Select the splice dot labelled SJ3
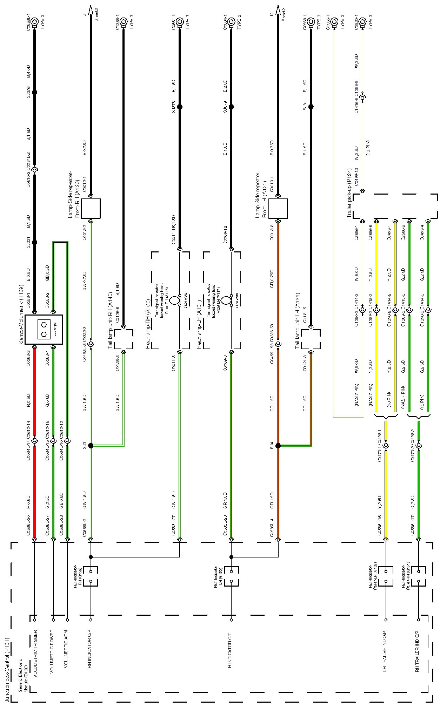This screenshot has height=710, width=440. click(91, 446)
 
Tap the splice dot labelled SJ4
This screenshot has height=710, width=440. click(278, 446)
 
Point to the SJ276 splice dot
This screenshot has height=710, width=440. click(34, 93)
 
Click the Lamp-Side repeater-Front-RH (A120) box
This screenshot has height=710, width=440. click(91, 208)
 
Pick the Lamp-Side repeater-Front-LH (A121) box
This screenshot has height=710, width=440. click(278, 208)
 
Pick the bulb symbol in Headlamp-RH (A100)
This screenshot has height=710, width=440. click(174, 300)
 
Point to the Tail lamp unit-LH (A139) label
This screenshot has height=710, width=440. click(298, 321)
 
